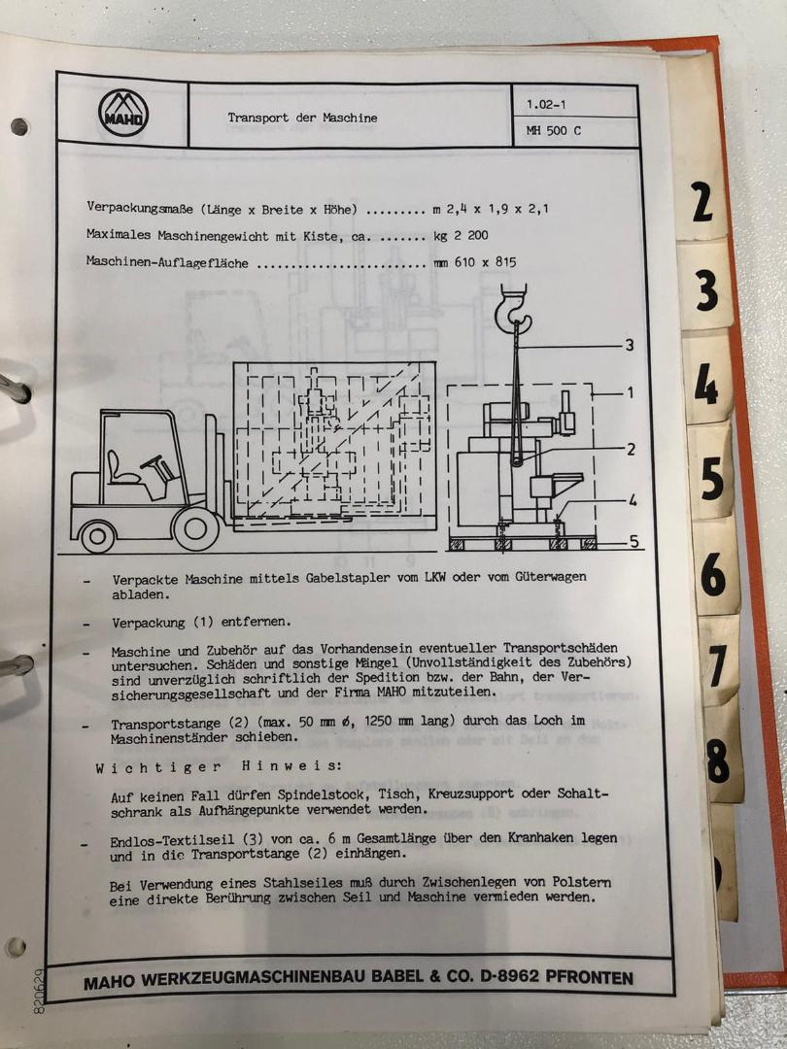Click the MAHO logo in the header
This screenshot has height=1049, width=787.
click(123, 114)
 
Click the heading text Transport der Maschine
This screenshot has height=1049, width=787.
click(302, 118)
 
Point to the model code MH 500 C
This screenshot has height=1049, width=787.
click(554, 131)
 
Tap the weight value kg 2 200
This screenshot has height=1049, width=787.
click(462, 235)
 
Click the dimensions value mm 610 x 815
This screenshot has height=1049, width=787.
click(475, 263)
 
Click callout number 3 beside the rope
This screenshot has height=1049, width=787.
click(629, 345)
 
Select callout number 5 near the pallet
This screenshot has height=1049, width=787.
click(633, 541)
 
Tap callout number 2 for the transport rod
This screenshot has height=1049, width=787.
click(631, 450)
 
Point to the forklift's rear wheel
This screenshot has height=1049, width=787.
click(98, 536)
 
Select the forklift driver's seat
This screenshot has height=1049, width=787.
click(120, 468)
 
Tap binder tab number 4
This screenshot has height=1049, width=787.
click(706, 385)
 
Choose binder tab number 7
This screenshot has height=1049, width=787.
click(717, 665)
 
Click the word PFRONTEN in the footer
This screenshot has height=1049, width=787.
click(589, 977)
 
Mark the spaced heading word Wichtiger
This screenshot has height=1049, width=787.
click(158, 767)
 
